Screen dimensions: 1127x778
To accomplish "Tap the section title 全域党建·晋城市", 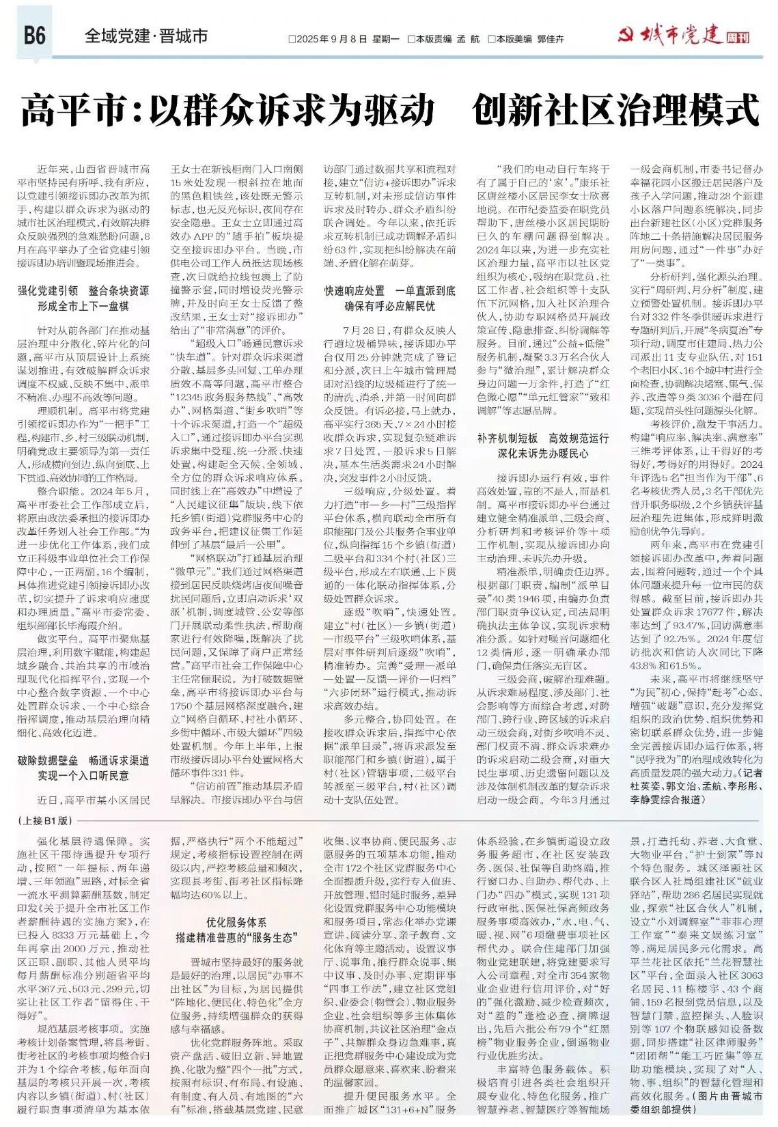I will (145, 36).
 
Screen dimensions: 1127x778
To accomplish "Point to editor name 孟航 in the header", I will (469, 40).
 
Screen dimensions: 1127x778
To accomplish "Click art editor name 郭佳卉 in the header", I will (551, 40).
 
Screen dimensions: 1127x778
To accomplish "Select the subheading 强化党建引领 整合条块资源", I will (83, 291).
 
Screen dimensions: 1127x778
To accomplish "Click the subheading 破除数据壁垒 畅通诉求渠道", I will (83, 760).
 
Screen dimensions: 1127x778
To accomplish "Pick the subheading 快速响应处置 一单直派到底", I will (389, 291).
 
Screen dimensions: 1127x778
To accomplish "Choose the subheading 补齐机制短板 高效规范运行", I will (542, 438).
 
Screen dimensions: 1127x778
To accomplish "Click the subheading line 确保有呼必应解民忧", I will (389, 307).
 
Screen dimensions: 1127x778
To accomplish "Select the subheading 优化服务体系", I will (236, 922).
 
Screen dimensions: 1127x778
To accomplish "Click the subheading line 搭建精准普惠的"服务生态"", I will (236, 937).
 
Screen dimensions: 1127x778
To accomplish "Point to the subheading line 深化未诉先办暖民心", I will (542, 454).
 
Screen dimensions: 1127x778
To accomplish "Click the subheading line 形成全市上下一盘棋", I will (83, 307).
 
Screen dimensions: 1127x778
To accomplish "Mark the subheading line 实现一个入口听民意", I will (83, 776).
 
